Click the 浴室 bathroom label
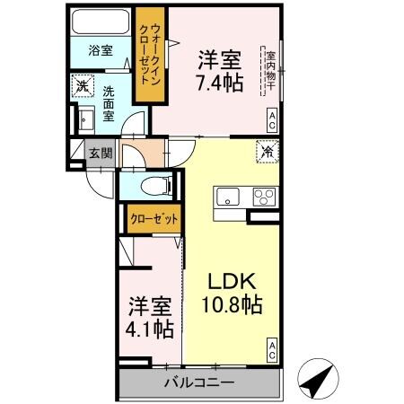coord(100,51)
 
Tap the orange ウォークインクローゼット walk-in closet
coord(145,56)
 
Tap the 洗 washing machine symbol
coord(83,87)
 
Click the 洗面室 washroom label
coord(108,98)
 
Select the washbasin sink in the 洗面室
coord(86,119)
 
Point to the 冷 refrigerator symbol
coord(268,152)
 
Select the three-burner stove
coord(264,198)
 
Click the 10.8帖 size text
coord(231,305)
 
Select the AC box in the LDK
coord(271,350)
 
